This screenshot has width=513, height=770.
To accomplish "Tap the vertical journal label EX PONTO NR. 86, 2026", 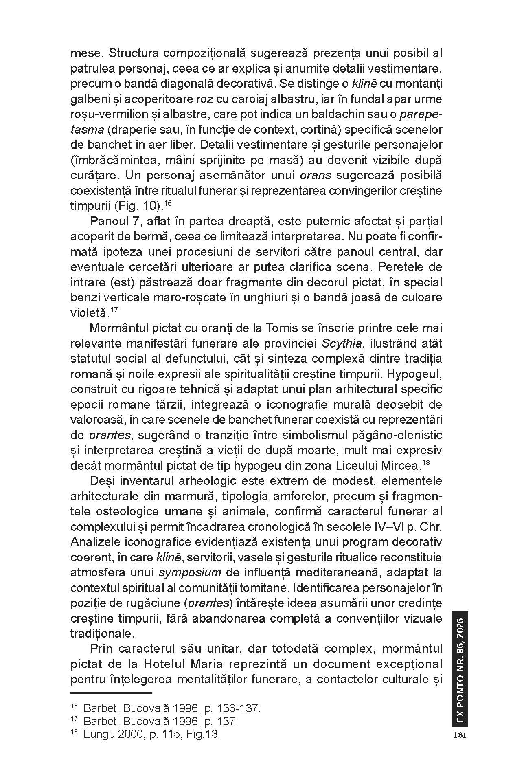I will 460,668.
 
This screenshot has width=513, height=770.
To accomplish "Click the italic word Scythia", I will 341,343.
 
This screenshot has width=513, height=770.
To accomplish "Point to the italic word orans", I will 316,176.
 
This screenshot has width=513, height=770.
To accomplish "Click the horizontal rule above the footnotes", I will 111,693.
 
